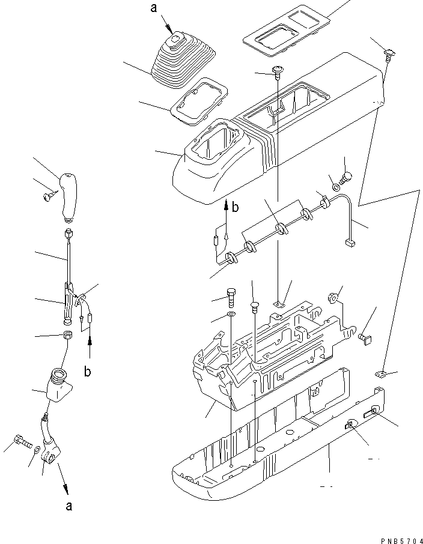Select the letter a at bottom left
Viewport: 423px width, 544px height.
click(69, 506)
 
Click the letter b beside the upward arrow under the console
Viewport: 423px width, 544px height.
click(236, 208)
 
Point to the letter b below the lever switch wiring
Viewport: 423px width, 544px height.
click(88, 372)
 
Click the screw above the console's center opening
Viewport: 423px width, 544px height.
click(278, 71)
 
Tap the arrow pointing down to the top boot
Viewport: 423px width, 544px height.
click(170, 27)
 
